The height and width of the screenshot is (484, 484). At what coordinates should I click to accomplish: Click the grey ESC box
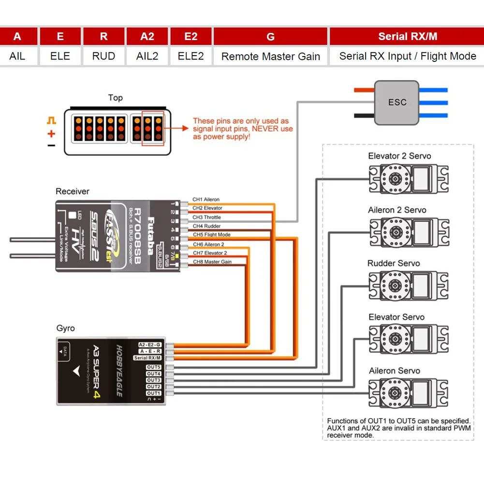(x=397, y=103)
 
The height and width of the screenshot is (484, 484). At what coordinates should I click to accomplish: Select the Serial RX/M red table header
(x=407, y=37)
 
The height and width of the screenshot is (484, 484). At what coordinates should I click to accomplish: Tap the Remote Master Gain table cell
(x=271, y=56)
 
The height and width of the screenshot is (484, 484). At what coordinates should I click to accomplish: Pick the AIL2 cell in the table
(x=147, y=56)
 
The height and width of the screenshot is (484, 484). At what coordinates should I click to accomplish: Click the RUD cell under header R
(x=104, y=56)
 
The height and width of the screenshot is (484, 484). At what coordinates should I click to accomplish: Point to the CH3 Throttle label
(x=206, y=218)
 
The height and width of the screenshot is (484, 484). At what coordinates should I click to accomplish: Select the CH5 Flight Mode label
(x=211, y=235)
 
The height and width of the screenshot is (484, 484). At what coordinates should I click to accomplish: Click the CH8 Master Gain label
(x=212, y=262)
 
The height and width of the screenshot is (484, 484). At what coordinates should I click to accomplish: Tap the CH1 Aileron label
(x=206, y=199)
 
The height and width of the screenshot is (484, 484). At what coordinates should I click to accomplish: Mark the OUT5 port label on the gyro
(x=153, y=367)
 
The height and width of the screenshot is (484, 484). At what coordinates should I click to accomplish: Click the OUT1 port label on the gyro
(x=153, y=393)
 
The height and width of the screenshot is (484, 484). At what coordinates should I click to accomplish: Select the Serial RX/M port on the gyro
(x=147, y=358)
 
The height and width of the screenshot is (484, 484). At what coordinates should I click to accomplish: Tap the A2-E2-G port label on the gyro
(x=150, y=344)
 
